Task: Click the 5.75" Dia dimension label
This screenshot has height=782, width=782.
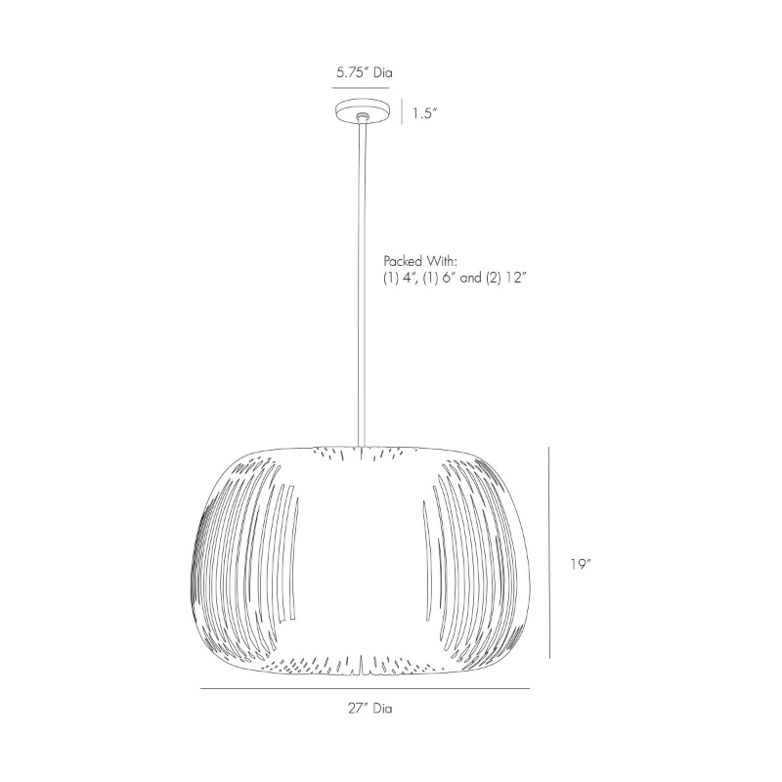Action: click(364, 72)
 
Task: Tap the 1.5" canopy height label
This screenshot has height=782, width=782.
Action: click(424, 114)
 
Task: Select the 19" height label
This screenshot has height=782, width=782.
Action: click(581, 565)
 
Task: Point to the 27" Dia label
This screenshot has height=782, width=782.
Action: click(370, 708)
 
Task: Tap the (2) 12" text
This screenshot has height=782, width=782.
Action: click(505, 278)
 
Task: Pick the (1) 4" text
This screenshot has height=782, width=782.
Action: click(399, 278)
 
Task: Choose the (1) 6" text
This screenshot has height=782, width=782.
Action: click(439, 278)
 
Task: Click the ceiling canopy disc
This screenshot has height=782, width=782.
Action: click(362, 110)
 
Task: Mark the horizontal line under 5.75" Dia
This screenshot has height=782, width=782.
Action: click(361, 88)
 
